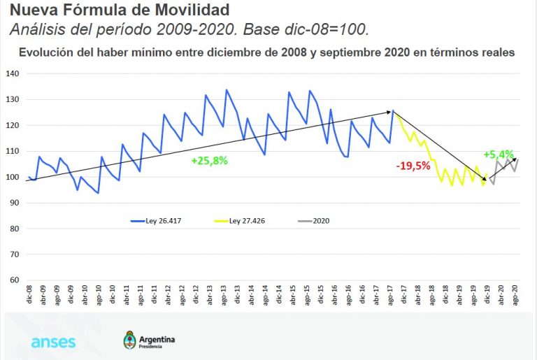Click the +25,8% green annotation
coord(209,160)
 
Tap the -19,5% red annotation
coord(412,166)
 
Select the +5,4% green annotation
coord(499,154)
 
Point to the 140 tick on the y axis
coord(13,74)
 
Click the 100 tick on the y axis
coord(13,178)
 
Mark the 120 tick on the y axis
coord(13,126)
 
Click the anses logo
coord(53,343)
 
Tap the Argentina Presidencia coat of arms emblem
coord(129,341)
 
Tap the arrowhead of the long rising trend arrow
coord(389,112)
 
